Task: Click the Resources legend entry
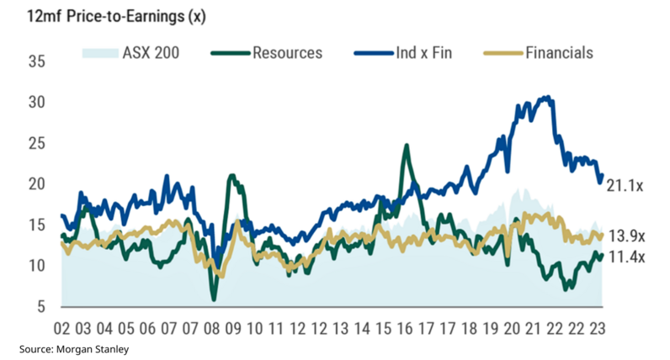coord(287,53)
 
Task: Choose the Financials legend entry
coord(559,53)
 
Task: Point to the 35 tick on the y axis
coord(36,61)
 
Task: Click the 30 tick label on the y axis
coord(36,103)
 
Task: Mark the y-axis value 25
coord(36,143)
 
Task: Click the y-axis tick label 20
coord(36,184)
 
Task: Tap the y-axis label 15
coord(36,225)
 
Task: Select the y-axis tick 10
coord(36,266)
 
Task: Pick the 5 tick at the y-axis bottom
coord(40,307)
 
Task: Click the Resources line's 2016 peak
coord(407,146)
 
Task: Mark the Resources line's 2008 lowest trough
coord(215,299)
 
